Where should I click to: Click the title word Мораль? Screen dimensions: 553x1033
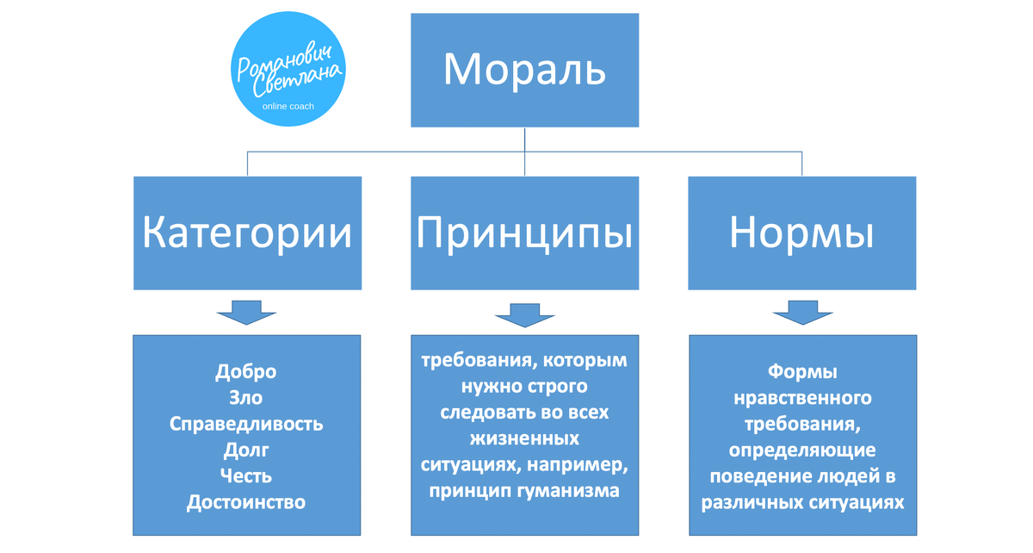pos(524,69)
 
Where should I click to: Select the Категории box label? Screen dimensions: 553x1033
pos(247,233)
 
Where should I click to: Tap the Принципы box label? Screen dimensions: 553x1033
pos(524,233)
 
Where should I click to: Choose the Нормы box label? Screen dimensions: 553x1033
pos(801,233)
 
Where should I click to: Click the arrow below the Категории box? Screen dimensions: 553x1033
pos(247,313)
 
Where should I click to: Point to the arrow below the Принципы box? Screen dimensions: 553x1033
pos(524,314)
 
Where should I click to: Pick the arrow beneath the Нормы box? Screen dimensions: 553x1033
pos(801,313)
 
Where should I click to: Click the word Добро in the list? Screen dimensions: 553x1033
pos(246,372)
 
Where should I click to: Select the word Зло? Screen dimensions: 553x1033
pos(246,398)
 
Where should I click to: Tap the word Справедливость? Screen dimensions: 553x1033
pos(246,424)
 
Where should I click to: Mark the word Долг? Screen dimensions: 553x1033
pos(246,450)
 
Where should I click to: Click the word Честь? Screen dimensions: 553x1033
pos(246,475)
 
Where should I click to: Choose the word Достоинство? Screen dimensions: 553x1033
pos(246,501)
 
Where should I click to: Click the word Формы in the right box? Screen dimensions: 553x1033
pos(801,372)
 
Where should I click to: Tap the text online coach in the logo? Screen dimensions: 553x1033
pos(288,107)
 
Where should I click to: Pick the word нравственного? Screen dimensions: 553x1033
pos(801,398)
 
